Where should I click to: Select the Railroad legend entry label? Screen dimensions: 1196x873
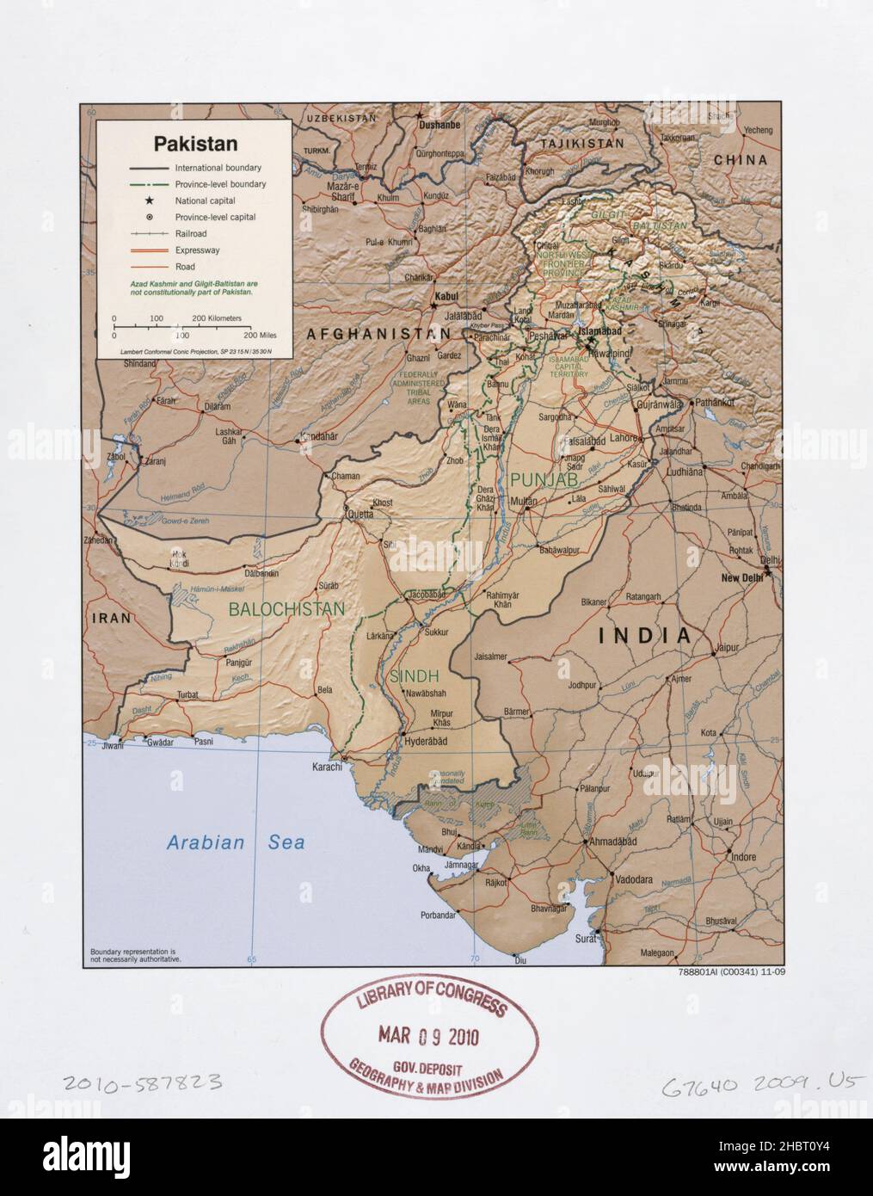(x=191, y=234)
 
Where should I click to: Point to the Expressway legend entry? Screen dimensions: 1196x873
(x=197, y=250)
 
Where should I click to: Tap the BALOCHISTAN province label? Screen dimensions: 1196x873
(x=286, y=609)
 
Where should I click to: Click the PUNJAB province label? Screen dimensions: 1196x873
(x=543, y=479)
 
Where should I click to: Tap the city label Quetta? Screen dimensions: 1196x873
(x=361, y=519)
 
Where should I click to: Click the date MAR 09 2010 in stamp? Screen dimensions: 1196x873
(x=426, y=1036)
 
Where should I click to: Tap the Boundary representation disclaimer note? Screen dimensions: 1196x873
(x=135, y=954)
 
